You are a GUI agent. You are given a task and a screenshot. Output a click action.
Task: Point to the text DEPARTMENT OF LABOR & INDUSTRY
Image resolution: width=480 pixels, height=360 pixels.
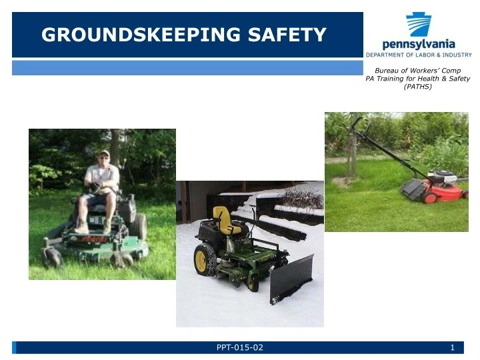coord(418,53)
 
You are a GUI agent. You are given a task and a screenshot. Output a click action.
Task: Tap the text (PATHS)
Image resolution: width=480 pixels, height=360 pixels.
coord(418,87)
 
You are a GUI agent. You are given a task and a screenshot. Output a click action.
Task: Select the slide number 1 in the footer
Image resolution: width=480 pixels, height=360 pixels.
coord(452,347)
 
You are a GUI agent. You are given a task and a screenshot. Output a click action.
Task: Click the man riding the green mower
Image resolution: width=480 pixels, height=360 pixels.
coord(101,190)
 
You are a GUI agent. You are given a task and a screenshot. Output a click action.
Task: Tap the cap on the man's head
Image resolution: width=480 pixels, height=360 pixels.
coord(103,154)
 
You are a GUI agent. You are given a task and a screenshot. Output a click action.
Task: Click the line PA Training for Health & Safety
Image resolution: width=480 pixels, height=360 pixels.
coord(418,79)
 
